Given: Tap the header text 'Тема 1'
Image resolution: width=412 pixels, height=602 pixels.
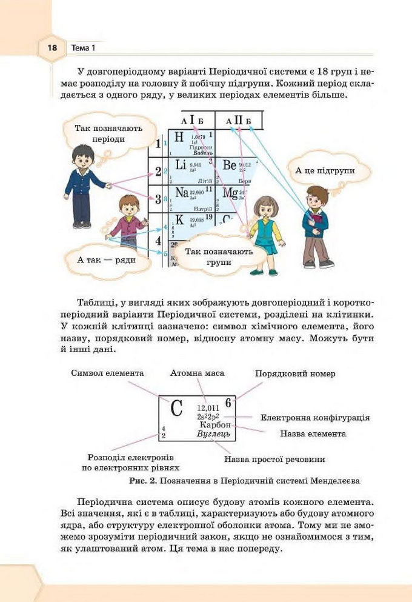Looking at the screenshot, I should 84,47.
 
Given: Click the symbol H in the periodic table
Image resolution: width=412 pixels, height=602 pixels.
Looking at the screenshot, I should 179,138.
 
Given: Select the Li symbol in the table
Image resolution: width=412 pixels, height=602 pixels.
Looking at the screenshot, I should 181,165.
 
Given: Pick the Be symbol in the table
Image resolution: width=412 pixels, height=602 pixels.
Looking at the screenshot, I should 229,165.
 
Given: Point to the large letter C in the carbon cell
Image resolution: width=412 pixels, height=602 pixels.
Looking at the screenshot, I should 176,409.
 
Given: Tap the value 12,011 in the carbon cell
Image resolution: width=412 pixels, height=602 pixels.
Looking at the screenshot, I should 208,407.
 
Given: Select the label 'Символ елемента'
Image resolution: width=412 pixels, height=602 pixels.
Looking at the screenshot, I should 107,373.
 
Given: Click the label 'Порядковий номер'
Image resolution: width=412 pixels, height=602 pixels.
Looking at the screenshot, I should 294,373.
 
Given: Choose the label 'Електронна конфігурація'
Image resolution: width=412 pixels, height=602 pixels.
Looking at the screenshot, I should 315,418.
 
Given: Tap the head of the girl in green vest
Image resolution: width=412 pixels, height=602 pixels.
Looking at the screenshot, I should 265,208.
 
